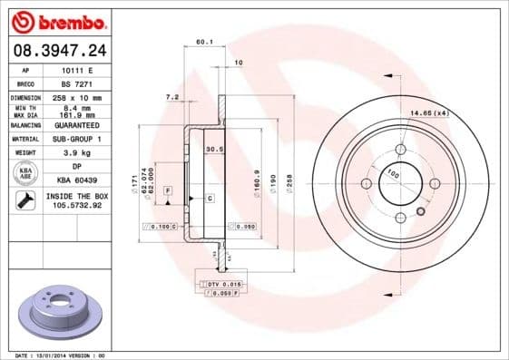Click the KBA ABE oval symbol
26,173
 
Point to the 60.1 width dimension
203,40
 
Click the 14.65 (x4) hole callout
430,112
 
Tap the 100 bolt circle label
393,171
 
